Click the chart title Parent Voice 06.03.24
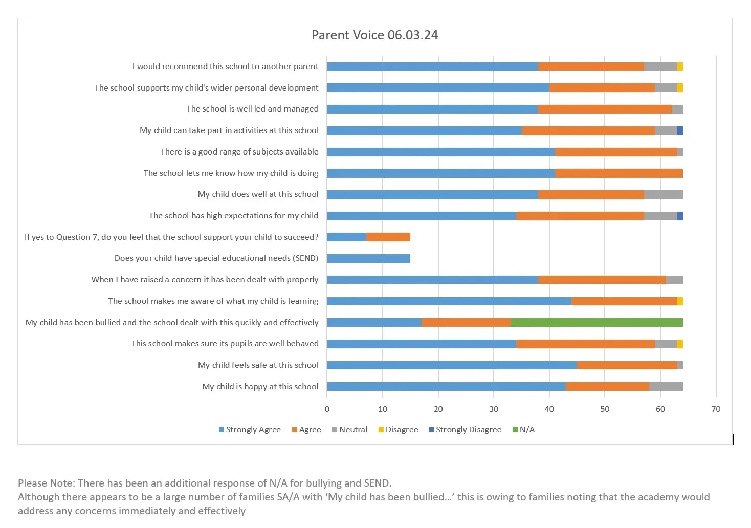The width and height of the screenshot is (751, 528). coord(374,35)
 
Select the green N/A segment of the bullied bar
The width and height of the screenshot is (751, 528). coord(597,322)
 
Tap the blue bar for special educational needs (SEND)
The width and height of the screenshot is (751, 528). coord(368,258)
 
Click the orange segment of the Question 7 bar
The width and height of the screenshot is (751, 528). coord(388,237)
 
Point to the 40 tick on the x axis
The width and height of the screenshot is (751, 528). coord(549,409)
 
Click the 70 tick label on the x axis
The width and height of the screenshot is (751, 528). coord(716,409)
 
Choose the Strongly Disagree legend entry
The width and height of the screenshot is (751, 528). coord(465,430)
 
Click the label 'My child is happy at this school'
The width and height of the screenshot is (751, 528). coord(260,386)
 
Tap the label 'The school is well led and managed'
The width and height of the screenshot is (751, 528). coord(252,108)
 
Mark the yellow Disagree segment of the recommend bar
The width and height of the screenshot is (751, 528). coord(680,67)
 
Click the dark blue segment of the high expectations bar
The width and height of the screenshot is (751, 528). coord(680,215)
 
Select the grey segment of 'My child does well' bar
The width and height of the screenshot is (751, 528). coord(663,194)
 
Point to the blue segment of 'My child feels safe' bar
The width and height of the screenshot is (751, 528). coord(452,365)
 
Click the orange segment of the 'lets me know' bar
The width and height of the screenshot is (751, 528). coord(619,173)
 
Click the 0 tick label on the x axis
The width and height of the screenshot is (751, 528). coord(327,409)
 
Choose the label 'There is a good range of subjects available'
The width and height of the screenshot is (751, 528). coord(239,151)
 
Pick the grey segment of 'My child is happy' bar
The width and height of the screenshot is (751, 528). coord(666,386)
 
